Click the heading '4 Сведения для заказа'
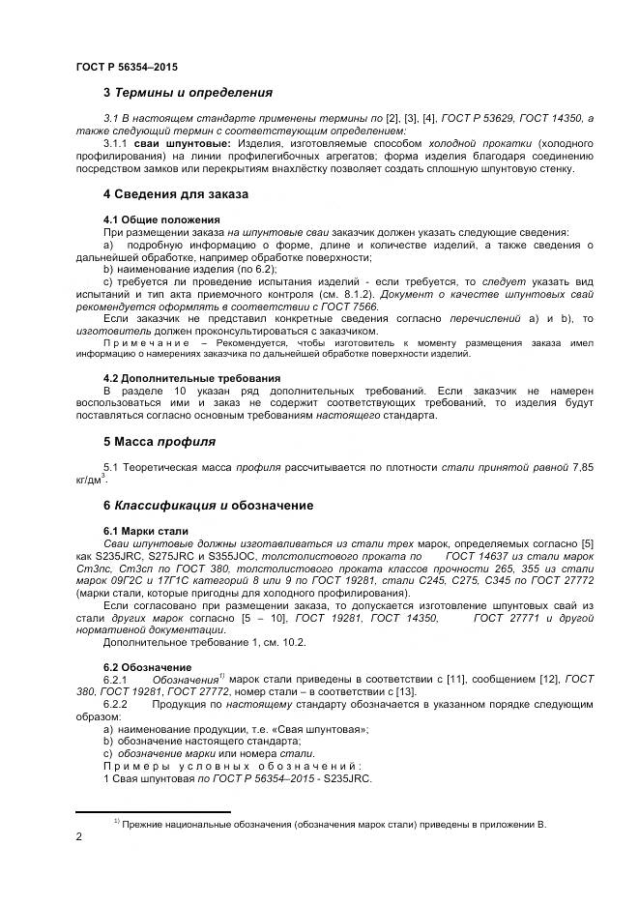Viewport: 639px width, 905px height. click(x=175, y=194)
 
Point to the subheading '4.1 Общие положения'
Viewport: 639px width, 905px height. click(x=161, y=219)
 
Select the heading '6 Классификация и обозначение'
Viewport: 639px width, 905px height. click(x=208, y=505)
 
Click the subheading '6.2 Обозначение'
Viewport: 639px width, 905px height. click(x=147, y=667)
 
